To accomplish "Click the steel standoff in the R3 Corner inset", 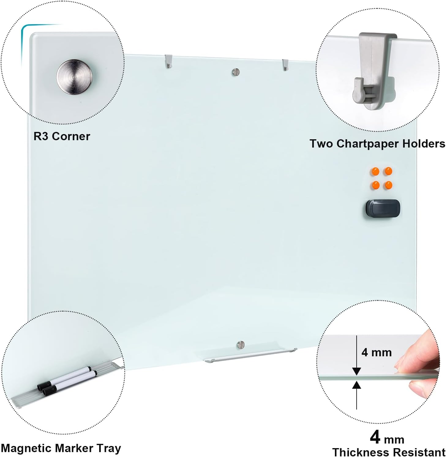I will coord(74,77).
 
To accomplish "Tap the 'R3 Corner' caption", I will coord(62,136).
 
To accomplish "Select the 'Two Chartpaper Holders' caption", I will coord(377,144).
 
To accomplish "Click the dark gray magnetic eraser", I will coord(383,209).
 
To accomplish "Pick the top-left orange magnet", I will coord(375,171).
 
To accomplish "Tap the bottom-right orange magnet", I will coord(388,185).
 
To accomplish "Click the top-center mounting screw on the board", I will coord(235,72).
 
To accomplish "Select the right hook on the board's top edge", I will coord(285,65).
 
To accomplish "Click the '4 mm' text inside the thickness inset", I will coord(377,352).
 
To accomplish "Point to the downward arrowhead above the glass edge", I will coord(356,371).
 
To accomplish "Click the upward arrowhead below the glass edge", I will coord(356,385).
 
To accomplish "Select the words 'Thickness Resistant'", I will coord(389,452).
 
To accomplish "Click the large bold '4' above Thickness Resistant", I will coord(375,437).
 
